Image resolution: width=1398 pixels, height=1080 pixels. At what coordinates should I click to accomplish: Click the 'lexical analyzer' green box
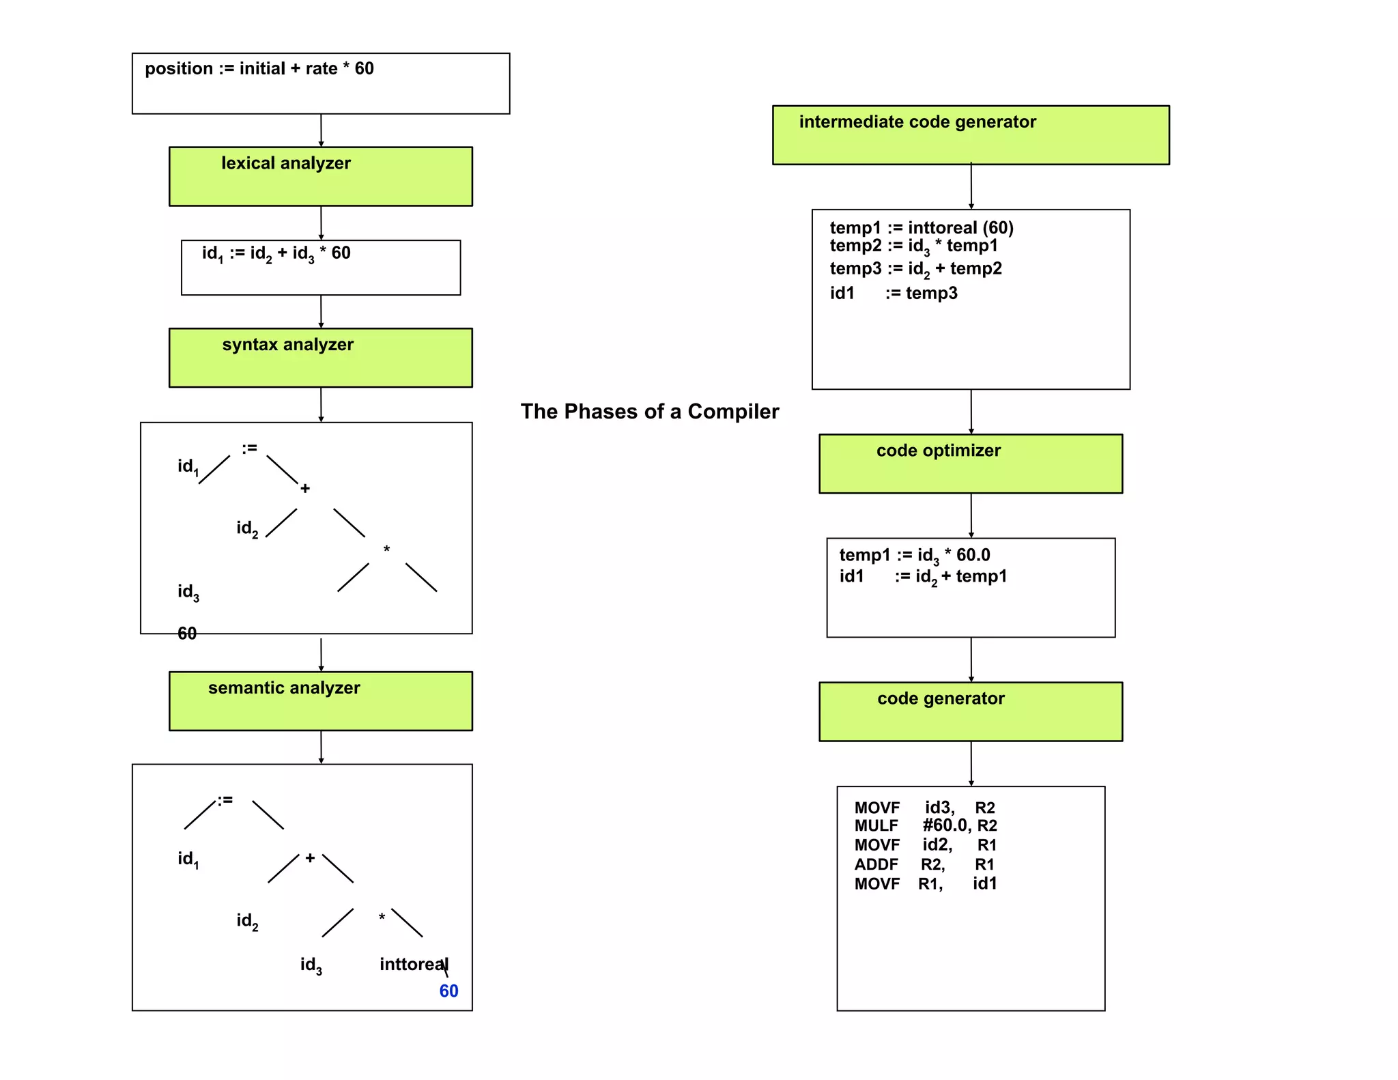pos(320,176)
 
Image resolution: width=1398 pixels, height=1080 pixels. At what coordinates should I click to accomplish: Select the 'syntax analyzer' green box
pos(320,358)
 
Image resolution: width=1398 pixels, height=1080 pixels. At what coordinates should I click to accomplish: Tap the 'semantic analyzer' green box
pos(320,701)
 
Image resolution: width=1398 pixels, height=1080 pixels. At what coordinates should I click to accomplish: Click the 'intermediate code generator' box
pos(970,134)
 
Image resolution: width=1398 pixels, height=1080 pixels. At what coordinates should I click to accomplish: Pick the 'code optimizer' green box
pos(970,464)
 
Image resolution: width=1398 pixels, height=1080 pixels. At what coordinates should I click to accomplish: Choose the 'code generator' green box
pos(970,711)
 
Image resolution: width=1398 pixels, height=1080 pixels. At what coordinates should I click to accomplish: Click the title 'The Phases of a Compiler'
pos(649,412)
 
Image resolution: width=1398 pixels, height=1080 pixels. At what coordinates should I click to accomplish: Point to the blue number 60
pos(448,991)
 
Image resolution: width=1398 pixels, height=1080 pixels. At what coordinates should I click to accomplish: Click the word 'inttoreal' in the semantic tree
pos(412,964)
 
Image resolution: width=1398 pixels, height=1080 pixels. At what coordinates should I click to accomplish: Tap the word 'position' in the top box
pos(179,69)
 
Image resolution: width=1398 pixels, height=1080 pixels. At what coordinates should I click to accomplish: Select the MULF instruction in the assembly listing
pos(876,826)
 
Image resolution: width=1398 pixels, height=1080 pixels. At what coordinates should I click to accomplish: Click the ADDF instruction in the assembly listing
pos(876,865)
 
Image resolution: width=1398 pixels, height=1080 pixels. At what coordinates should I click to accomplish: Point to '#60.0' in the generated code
pos(945,825)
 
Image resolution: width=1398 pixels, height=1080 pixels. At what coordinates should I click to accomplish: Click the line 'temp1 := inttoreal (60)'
pos(921,227)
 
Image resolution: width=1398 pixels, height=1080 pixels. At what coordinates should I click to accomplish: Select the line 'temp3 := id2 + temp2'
pos(915,269)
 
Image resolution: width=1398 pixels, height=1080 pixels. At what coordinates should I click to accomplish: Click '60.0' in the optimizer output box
pos(973,555)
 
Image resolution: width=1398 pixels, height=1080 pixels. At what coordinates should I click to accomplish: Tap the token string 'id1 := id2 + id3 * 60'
pos(276,253)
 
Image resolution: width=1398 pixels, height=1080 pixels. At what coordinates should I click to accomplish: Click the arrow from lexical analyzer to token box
pos(321,223)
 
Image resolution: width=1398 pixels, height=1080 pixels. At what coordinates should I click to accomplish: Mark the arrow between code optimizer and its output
pos(971,515)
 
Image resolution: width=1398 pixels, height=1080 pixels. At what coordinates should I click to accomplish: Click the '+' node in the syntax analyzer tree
pos(305,489)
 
